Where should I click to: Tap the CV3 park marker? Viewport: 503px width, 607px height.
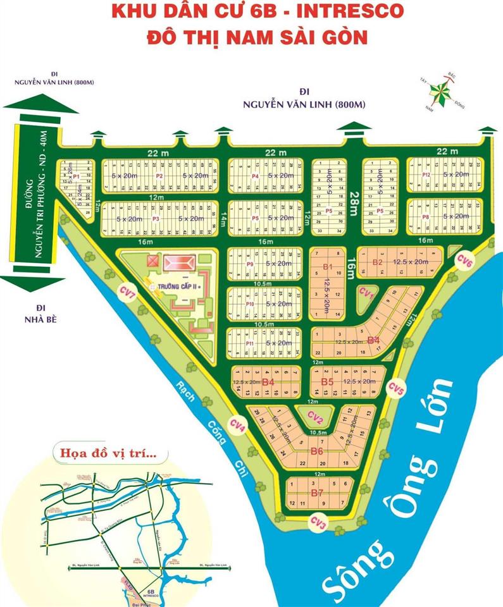click(x=318, y=522)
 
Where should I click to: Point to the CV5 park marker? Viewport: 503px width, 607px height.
click(x=397, y=387)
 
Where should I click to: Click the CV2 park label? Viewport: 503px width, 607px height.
click(x=316, y=416)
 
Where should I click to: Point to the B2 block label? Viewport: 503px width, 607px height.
click(x=378, y=261)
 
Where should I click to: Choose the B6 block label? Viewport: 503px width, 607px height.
click(x=317, y=451)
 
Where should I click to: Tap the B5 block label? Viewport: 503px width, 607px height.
click(x=327, y=382)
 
